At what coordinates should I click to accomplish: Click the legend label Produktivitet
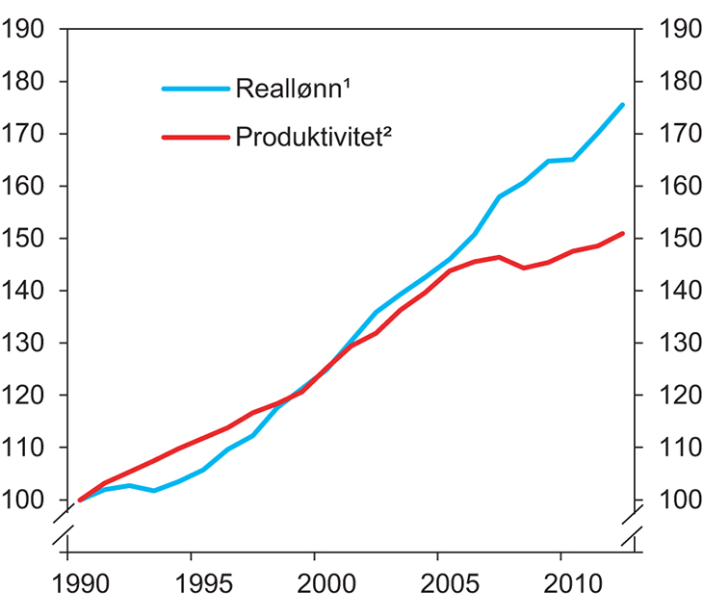pos(313,138)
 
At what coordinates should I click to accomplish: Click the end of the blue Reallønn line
pos(623,105)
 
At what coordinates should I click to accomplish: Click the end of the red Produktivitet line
pos(623,233)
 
